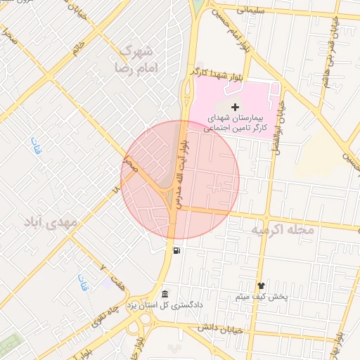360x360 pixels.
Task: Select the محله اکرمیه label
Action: [283, 230]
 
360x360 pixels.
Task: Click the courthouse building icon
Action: [165, 293]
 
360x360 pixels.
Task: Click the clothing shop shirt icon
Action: [261, 285]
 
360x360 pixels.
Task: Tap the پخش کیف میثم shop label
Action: [261, 297]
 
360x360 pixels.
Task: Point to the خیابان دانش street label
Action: [219, 328]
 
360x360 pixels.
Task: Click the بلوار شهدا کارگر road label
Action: [216, 72]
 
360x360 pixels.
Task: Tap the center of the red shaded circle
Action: [180, 180]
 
